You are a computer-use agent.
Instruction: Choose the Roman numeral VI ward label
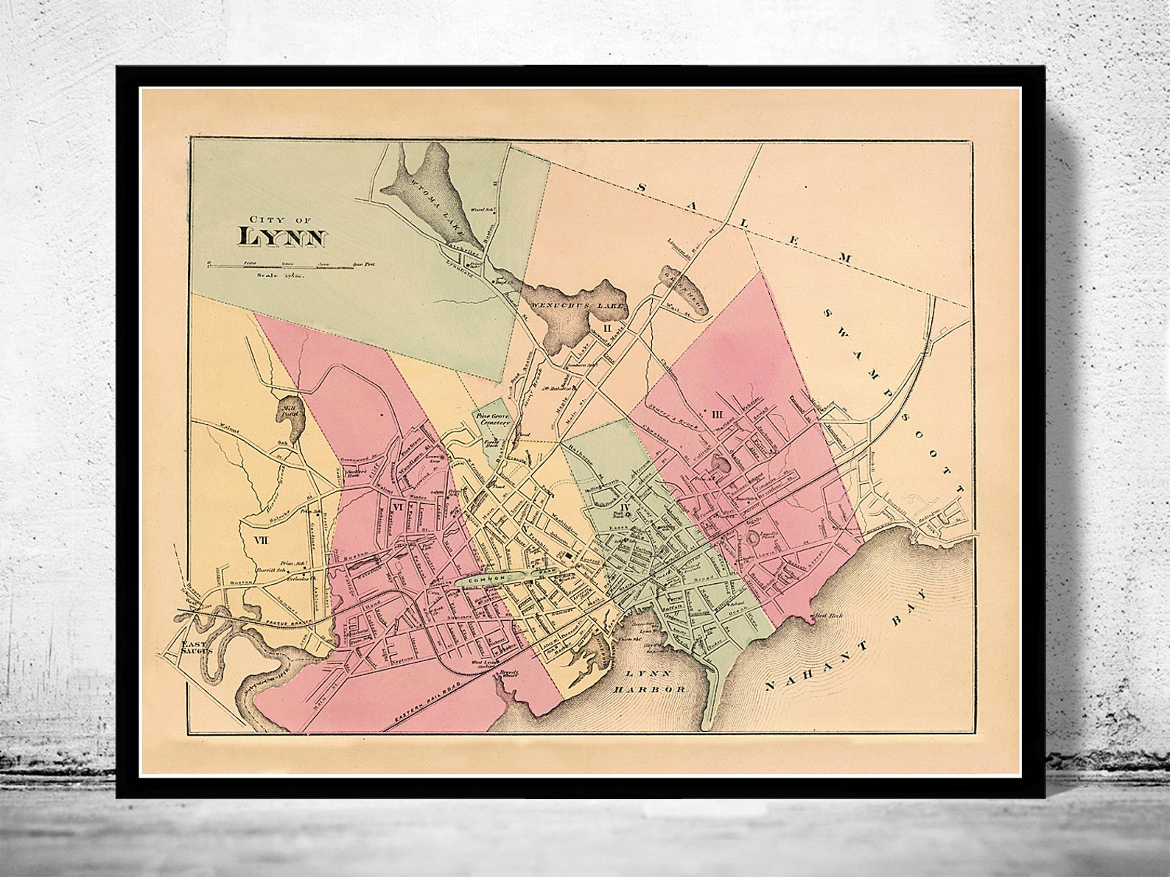tap(398, 507)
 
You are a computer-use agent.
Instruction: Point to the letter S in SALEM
tap(641, 189)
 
